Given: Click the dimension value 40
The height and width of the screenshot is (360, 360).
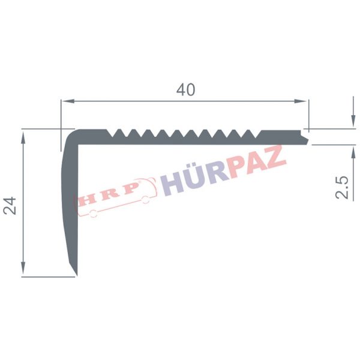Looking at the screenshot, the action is (x=186, y=90).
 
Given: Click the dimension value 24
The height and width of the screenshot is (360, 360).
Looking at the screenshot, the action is (x=10, y=205).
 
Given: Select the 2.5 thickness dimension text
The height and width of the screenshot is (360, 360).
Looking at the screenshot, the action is (x=341, y=188).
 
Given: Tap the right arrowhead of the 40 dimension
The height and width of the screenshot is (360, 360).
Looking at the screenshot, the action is (x=301, y=101).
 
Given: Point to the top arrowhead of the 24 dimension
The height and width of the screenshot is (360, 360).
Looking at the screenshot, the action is (x=23, y=139).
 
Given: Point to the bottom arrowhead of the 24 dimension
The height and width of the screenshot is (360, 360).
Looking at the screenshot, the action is (x=23, y=268).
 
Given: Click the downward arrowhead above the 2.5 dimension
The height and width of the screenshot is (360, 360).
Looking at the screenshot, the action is (x=353, y=121).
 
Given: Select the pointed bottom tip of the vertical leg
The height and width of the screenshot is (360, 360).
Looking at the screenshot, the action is (x=77, y=274).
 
